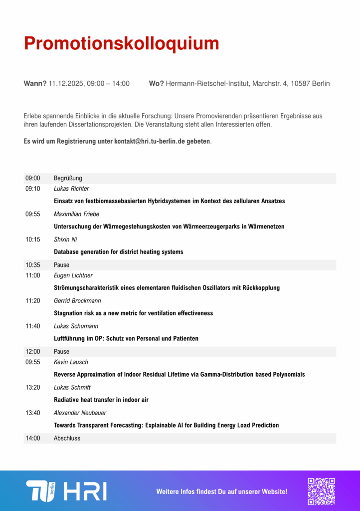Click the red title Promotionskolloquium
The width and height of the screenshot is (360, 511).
click(x=121, y=43)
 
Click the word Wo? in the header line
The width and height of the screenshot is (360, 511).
click(x=156, y=83)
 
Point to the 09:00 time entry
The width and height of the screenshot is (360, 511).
click(x=33, y=178)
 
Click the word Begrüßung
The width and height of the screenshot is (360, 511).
click(x=68, y=178)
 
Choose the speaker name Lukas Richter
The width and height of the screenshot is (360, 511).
click(x=71, y=189)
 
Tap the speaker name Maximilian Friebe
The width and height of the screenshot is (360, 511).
click(x=76, y=214)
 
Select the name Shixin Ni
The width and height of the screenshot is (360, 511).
click(x=65, y=240)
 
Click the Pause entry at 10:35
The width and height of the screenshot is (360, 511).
click(x=61, y=265)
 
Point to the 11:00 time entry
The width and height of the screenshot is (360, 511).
click(x=33, y=275)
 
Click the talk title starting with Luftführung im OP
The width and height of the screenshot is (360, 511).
click(x=126, y=338)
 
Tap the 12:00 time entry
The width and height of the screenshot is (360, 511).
click(x=33, y=352)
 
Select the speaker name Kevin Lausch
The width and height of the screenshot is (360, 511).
click(x=71, y=362)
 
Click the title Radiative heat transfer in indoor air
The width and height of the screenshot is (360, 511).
click(x=101, y=400)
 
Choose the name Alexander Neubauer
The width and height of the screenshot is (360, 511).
click(x=80, y=413)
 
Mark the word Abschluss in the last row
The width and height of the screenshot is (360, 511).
click(x=67, y=438)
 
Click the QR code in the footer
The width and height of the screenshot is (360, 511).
click(x=321, y=491)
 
